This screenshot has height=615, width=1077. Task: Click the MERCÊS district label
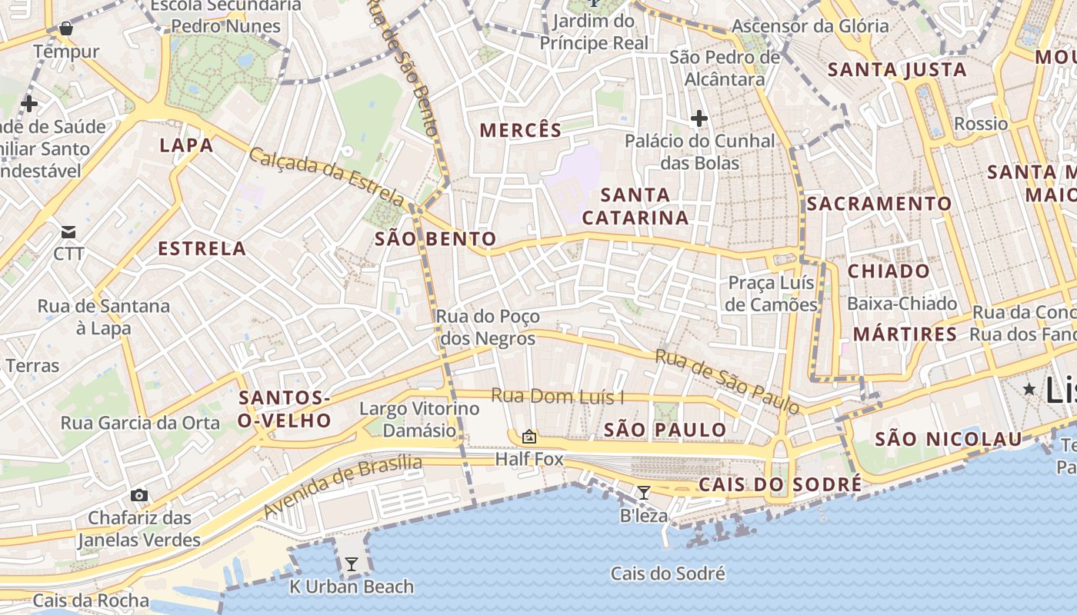coord(521,131)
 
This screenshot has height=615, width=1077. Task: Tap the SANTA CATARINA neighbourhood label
coord(635,206)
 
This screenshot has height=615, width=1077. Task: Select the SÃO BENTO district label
coord(435,239)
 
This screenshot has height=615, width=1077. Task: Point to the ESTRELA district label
coord(202,248)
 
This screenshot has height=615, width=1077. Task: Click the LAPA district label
coord(186,145)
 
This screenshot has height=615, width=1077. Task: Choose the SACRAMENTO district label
coord(879,204)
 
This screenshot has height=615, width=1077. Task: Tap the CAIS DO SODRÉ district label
coord(780,484)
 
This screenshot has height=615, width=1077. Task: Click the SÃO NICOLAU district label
coord(949,440)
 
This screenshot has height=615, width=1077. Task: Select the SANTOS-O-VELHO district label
coord(285,409)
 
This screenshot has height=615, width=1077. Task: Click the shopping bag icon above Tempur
coord(66,29)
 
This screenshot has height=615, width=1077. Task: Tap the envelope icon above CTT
coord(68,231)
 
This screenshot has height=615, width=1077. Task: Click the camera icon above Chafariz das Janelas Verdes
coord(138,495)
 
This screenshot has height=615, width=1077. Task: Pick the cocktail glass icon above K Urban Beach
coord(351,564)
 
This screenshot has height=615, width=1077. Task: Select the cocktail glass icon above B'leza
coord(644,492)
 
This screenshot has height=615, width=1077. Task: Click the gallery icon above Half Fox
coord(529,437)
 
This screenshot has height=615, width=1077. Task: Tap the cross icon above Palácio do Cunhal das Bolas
coord(699,118)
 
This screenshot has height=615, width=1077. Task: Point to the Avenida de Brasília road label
coord(342,486)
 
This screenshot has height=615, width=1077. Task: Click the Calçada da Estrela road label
coord(326,176)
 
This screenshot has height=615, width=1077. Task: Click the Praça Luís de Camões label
coord(772,294)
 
